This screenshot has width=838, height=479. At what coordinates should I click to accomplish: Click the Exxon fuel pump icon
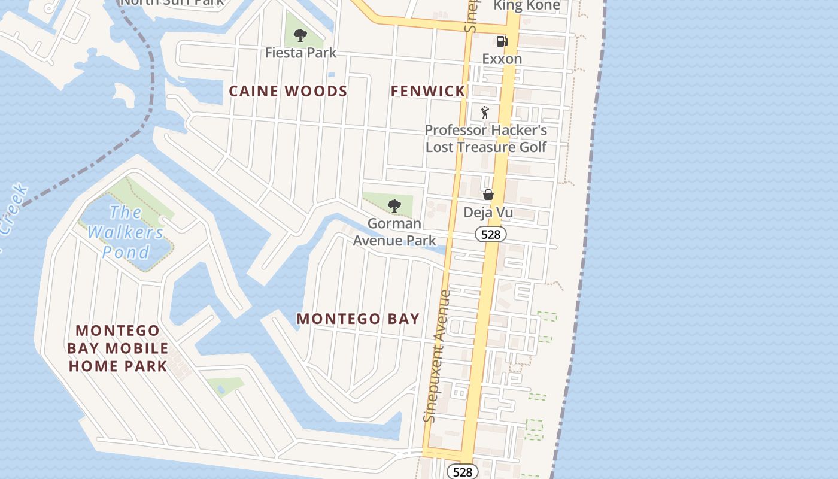pos(502,41)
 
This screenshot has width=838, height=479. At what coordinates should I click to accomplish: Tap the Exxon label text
pos(502,59)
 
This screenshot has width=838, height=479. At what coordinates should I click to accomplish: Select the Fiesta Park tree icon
pos(300,35)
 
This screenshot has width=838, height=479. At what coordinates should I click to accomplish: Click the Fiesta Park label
pos(301,53)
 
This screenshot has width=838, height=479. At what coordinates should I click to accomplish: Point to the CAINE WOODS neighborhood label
pos(289,91)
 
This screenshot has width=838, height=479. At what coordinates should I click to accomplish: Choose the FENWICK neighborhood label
pos(428,91)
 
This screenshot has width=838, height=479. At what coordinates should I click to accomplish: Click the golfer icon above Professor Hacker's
pos(485,113)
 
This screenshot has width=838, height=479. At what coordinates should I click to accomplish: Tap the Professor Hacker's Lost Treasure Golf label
pos(486,138)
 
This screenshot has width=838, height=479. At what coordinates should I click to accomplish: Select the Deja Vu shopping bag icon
pos(488,195)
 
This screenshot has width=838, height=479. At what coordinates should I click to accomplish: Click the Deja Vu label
pos(488,212)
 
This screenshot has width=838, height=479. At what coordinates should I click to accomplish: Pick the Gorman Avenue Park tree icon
pos(394,206)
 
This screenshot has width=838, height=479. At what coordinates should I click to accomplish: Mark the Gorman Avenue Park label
pos(394,232)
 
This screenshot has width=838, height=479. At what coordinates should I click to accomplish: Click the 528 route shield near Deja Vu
pos(491,234)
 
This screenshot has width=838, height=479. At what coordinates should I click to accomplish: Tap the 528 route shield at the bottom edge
pos(463,472)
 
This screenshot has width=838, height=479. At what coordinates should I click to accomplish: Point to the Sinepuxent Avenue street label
pos(437,356)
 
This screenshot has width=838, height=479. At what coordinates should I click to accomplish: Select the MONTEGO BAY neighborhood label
pos(358,319)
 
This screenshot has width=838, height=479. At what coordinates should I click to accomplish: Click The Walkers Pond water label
pos(126,232)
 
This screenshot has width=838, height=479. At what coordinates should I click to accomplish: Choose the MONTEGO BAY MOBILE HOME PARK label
pos(118,348)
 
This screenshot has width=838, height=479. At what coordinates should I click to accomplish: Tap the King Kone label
pos(527,6)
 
